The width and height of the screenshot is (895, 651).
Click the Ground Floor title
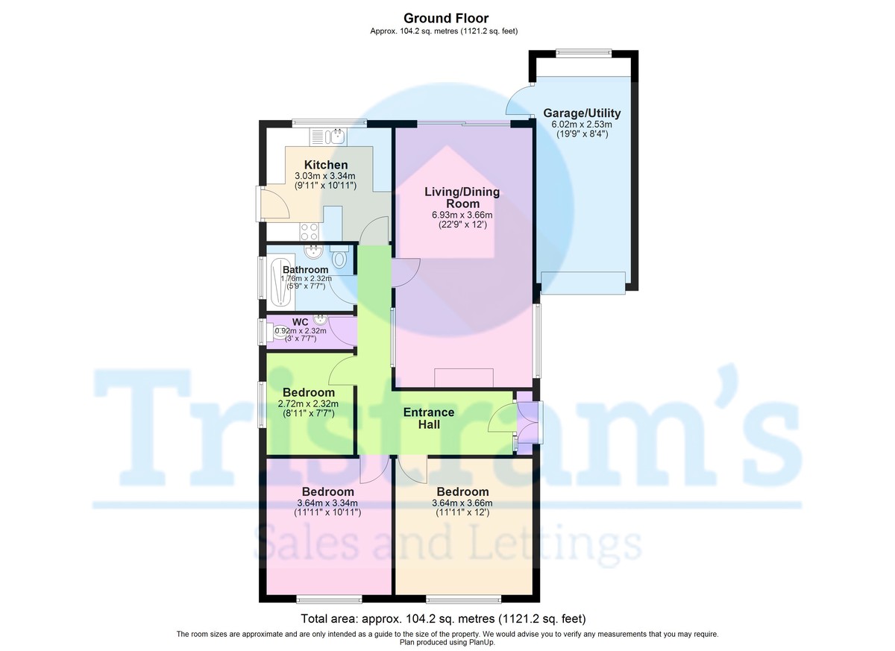coord(446,18)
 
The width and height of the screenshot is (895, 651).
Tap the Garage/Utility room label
coord(581,113)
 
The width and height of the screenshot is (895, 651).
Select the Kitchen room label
coord(325,165)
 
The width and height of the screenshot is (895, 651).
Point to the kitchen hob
coord(310,231)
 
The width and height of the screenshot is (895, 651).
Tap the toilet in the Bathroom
coord(339,259)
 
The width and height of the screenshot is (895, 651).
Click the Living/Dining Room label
coord(462,198)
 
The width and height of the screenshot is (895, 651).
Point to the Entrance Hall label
coord(428,418)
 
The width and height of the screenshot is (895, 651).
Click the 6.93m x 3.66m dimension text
coord(462,216)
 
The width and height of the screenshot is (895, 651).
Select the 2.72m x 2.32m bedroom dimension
coord(308,404)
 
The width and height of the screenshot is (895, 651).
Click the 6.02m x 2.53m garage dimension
coord(581,125)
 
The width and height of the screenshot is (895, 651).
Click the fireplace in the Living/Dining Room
coord(464,377)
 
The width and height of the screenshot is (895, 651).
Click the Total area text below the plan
coord(443,619)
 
